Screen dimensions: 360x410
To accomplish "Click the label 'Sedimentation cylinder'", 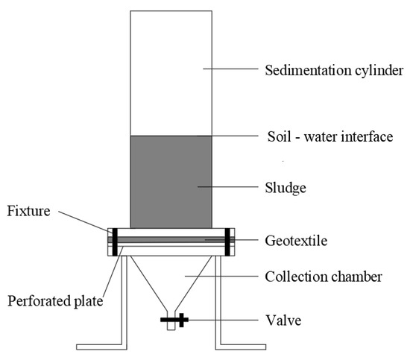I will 335,72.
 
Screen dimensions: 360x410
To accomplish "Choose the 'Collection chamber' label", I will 324,277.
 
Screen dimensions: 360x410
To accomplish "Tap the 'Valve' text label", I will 283,321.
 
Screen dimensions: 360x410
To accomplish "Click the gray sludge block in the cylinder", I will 171,181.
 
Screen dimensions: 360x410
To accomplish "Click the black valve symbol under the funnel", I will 171,321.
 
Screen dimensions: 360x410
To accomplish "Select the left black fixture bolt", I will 115,241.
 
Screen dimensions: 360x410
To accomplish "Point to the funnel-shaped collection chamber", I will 171,280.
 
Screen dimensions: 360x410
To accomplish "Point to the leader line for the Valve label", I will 224,321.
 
